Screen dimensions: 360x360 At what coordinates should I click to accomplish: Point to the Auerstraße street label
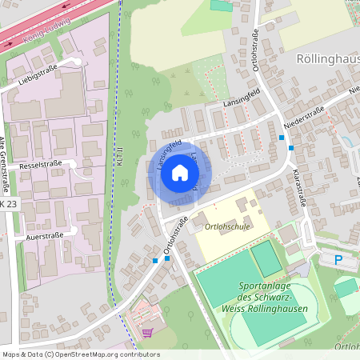point(44,236)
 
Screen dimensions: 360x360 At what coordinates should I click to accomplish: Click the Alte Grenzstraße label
point(4,164)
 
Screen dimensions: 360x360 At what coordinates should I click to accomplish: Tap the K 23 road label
point(7,205)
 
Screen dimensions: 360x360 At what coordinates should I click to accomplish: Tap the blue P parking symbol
point(338,259)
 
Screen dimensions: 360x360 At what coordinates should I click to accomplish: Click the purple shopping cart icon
point(146,332)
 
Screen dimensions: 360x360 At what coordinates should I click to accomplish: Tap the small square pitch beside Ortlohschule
point(266,258)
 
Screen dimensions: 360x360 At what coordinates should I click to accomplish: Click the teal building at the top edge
point(221,6)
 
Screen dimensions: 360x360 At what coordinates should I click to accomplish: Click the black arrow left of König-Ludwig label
point(9,45)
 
